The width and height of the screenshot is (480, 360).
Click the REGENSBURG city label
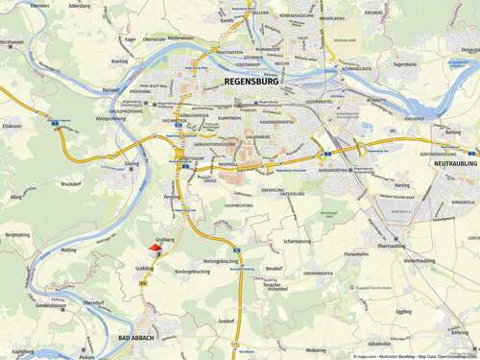(251, 83)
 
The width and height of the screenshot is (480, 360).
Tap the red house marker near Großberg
(157, 248)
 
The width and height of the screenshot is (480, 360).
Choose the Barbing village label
(454, 133)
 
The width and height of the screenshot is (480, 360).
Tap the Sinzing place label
(132, 163)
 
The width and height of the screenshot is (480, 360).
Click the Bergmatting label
(17, 234)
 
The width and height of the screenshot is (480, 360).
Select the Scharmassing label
(301, 241)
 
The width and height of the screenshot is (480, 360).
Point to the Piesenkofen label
(357, 253)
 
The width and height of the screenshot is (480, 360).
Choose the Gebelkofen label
(379, 343)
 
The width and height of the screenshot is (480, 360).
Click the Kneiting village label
(119, 60)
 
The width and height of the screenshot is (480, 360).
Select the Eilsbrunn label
(12, 126)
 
